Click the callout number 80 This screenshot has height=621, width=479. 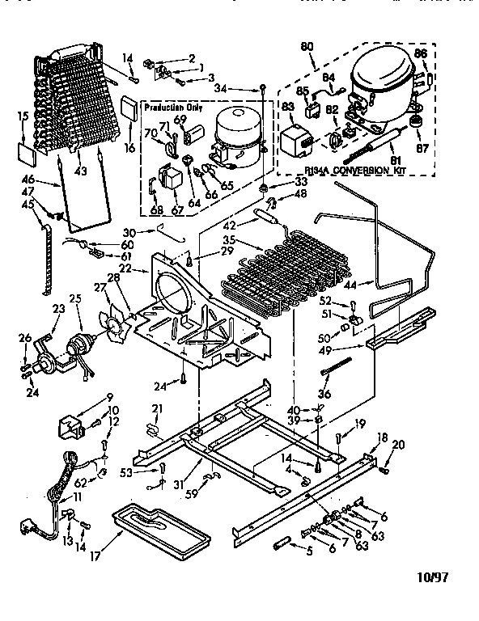click(x=307, y=46)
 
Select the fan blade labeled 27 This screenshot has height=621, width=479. click(x=117, y=310)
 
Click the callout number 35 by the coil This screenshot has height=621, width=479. click(x=229, y=240)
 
